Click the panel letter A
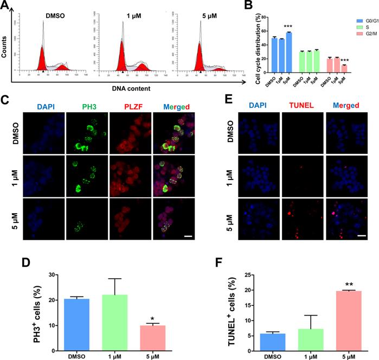pyautogui.click(x=7, y=5)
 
